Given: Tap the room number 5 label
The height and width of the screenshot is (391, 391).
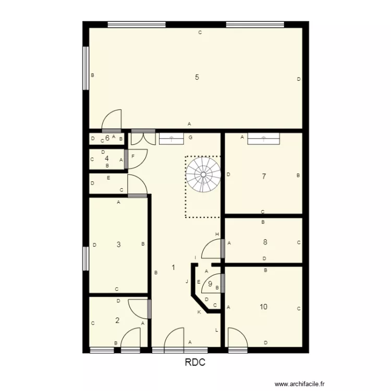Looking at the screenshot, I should pos(197,78).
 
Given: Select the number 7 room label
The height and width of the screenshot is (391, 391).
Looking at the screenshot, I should pos(264,177).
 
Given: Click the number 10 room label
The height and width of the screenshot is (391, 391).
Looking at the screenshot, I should pos(263,307).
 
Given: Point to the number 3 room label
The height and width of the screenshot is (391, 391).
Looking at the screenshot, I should pos(119,245).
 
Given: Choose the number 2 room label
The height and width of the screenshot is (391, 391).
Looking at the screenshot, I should pos(117,321).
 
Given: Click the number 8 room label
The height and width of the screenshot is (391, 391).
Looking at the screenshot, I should pos(265,242).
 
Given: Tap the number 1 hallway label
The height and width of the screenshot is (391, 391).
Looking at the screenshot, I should pos(173,267).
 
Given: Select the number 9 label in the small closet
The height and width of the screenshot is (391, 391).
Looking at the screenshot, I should pos(210,284).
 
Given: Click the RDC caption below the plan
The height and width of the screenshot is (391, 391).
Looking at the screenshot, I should pos(195,363).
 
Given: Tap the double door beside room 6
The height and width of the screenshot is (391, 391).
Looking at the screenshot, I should pos(142,138).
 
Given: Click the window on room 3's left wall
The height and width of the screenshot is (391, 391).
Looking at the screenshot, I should pos(85,259).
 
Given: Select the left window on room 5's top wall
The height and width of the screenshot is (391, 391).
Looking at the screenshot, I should pos(137,24).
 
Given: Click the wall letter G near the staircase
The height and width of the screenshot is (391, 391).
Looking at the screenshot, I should pos(191,138).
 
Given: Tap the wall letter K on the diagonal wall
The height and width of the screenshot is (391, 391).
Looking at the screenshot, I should pos(199,312).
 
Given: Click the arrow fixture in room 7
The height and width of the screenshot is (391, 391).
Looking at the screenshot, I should pos(263,138).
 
